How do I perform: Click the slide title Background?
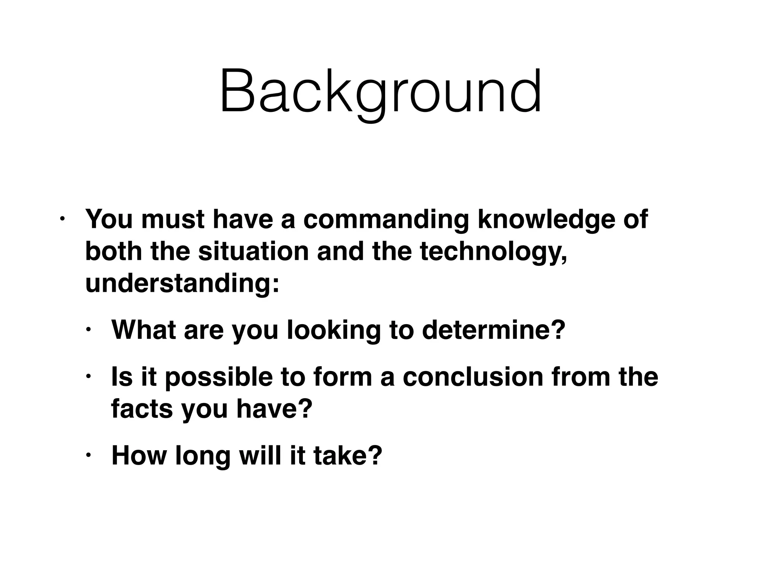(x=380, y=91)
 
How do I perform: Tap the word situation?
(x=253, y=251)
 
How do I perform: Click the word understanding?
(x=182, y=283)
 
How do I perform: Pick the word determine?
(x=494, y=330)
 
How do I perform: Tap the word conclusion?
(x=473, y=377)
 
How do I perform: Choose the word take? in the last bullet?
(x=348, y=455)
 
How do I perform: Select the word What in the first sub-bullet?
(x=144, y=330)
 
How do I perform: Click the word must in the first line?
(x=173, y=219)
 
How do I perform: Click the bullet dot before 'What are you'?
(x=88, y=330)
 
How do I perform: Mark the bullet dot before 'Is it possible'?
(x=88, y=377)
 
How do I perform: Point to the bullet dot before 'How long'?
(x=88, y=455)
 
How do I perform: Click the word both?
(x=113, y=251)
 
